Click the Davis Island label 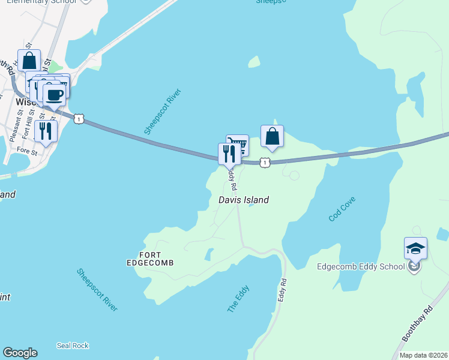pyautogui.click(x=244, y=200)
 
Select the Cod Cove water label pyautogui.click(x=342, y=209)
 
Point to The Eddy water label pyautogui.click(x=238, y=299)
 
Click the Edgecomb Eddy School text pyautogui.click(x=360, y=266)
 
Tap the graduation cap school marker pyautogui.click(x=415, y=248)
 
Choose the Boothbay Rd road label pyautogui.click(x=417, y=325)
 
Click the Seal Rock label pyautogui.click(x=73, y=346)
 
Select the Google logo pyautogui.click(x=20, y=353)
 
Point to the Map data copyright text pyautogui.click(x=421, y=355)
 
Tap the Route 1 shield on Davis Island pyautogui.click(x=265, y=163)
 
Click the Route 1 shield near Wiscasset pyautogui.click(x=79, y=119)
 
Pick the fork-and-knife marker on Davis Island pyautogui.click(x=229, y=154)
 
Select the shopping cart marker pyautogui.click(x=238, y=145)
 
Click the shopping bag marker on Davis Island pyautogui.click(x=272, y=136)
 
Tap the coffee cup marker pyautogui.click(x=55, y=94)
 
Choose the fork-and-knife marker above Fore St pyautogui.click(x=46, y=130)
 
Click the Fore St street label pyautogui.click(x=28, y=150)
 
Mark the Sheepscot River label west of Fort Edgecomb pyautogui.click(x=97, y=290)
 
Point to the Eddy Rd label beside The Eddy pyautogui.click(x=284, y=290)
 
